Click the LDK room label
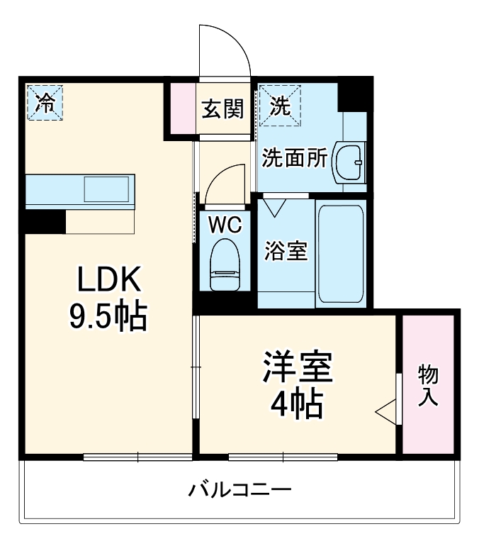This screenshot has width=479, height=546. pyautogui.click(x=109, y=282)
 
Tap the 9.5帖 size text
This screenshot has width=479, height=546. pyautogui.click(x=108, y=317)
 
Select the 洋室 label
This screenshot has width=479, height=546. pyautogui.click(x=298, y=367)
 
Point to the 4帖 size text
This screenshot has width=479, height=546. pyautogui.click(x=297, y=405)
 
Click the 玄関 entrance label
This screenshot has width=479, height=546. pyautogui.click(x=223, y=109)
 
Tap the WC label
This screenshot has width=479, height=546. pyautogui.click(x=225, y=225)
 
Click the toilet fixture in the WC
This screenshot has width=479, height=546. pyautogui.click(x=225, y=264)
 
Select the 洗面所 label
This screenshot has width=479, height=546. pyautogui.click(x=294, y=157)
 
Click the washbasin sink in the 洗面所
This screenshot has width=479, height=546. pyautogui.click(x=349, y=163)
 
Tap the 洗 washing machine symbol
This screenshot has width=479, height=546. pyautogui.click(x=279, y=106)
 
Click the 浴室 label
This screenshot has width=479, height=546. pyautogui.click(x=286, y=251)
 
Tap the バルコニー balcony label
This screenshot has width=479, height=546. pyautogui.click(x=240, y=490)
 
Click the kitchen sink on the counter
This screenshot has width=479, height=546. pyautogui.click(x=106, y=189)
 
